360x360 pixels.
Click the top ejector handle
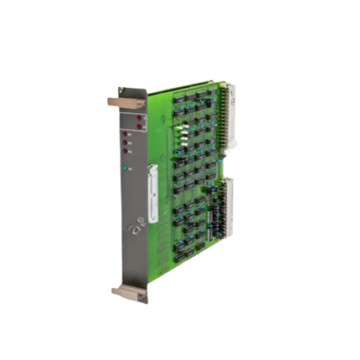point(126,102)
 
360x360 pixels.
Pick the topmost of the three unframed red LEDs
point(126,134)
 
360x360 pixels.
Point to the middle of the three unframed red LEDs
point(126,142)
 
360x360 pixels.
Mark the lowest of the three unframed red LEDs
point(126,151)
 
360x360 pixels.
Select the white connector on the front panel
point(152,193)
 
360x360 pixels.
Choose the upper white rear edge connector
point(229,117)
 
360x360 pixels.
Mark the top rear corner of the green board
point(223,81)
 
